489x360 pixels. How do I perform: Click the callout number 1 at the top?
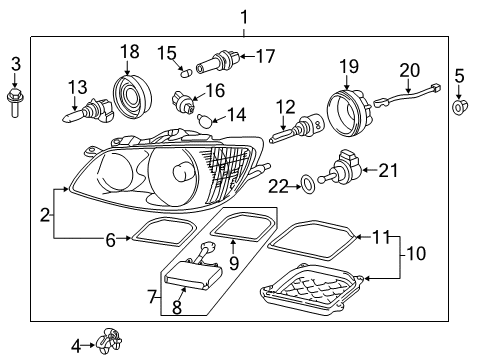coord(244,17)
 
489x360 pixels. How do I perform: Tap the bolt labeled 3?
coord(15,103)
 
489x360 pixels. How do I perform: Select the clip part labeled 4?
coord(109,341)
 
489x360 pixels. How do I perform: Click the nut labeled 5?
coord(460,107)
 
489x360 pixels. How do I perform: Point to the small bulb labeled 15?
coord(186,72)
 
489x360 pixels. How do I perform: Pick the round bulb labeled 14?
coord(203,121)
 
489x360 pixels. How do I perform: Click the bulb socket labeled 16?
coord(183,102)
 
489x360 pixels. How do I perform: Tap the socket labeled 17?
coord(217,62)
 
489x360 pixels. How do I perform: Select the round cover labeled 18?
coord(132,97)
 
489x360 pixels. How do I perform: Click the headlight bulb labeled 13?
coord(89,112)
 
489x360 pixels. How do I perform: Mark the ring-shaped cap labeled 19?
coord(349,112)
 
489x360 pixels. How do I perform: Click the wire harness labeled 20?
coord(408,96)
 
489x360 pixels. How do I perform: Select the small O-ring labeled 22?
coord(308,185)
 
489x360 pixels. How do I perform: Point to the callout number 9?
coord(234,263)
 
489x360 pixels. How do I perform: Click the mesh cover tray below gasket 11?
coord(312,289)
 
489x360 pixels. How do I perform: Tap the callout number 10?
coord(416,254)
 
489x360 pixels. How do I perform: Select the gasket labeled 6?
coord(163,231)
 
